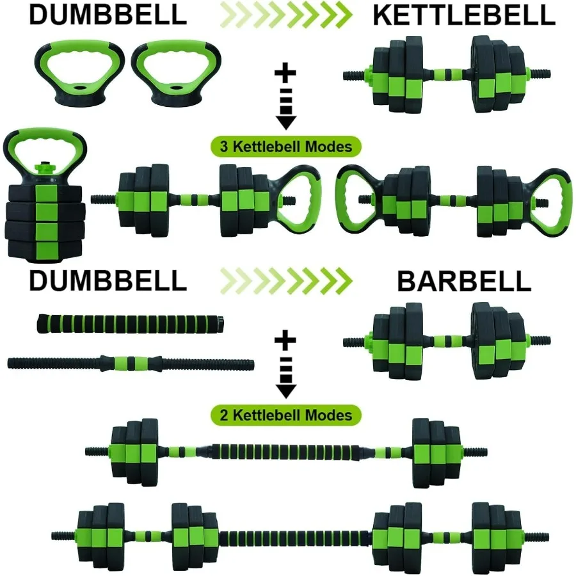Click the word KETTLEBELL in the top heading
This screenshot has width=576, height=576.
point(463,15)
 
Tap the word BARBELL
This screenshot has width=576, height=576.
point(464,281)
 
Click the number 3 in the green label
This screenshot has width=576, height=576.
point(224,147)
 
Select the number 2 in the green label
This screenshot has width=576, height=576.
point(224,415)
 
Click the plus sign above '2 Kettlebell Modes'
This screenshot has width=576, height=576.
point(285,340)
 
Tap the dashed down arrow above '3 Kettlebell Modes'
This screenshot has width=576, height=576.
point(285,106)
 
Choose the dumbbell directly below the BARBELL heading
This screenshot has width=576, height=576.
point(446,340)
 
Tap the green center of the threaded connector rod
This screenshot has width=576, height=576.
point(132,364)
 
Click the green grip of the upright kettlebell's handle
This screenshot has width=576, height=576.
point(44,139)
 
